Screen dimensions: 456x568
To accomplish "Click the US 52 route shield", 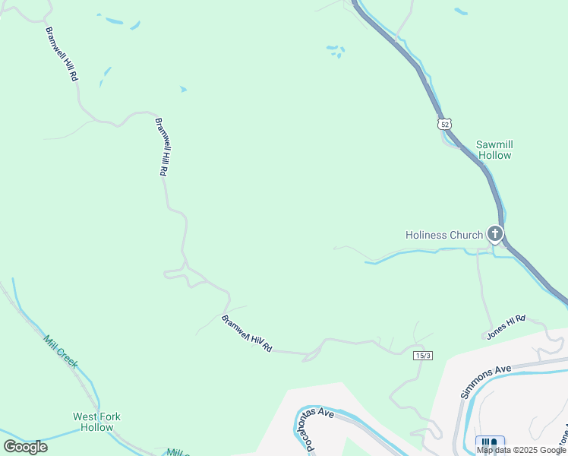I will pyautogui.click(x=445, y=123).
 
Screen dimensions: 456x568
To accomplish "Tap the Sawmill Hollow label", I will pyautogui.click(x=494, y=150).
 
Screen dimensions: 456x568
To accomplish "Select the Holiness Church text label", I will pyautogui.click(x=444, y=235).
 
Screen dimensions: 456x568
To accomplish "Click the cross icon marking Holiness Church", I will pyautogui.click(x=495, y=234).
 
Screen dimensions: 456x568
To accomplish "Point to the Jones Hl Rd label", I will pyautogui.click(x=506, y=329).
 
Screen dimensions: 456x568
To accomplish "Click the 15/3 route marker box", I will pyautogui.click(x=423, y=356).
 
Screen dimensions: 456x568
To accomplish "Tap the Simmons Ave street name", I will pyautogui.click(x=487, y=380).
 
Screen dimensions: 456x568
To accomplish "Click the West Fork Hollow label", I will pyautogui.click(x=96, y=422).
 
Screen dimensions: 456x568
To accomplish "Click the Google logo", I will pyautogui.click(x=26, y=447).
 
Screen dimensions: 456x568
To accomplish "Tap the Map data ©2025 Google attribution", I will pyautogui.click(x=521, y=450).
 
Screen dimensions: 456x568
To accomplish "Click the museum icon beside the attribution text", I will pyautogui.click(x=490, y=443).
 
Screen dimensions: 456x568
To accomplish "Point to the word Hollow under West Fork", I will pyautogui.click(x=96, y=427).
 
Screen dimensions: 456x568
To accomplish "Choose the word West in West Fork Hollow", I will pyautogui.click(x=84, y=416).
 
